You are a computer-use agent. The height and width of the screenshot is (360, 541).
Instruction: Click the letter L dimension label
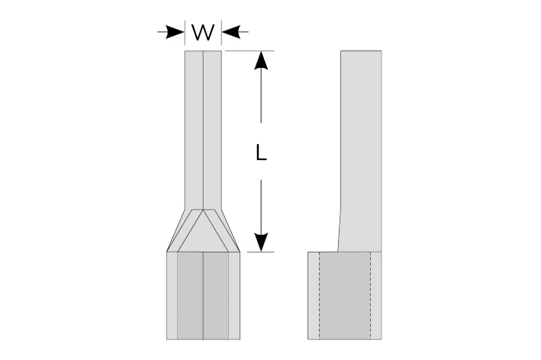pyautogui.click(x=261, y=153)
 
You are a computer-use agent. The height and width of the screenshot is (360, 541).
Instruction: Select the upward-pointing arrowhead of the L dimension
pyautogui.click(x=261, y=61)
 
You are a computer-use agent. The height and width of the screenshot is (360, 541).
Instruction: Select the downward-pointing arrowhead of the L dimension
pyautogui.click(x=261, y=240)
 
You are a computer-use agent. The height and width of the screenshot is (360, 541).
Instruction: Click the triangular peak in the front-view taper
pyautogui.click(x=204, y=215)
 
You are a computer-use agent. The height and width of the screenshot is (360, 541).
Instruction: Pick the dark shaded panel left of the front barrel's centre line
pyautogui.click(x=190, y=295)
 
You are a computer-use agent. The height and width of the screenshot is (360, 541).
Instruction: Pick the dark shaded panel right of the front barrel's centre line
pyautogui.click(x=217, y=295)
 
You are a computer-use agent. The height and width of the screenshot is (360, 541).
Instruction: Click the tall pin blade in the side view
pyautogui.click(x=359, y=145)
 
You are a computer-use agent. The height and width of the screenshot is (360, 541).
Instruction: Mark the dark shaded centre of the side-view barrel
pyautogui.click(x=345, y=295)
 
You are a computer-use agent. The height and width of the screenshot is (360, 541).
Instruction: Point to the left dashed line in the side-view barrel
pyautogui.click(x=320, y=295)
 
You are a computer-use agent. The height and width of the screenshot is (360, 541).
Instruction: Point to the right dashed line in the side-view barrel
pyautogui.click(x=371, y=295)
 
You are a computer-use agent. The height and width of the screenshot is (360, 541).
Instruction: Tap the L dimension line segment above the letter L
pyautogui.click(x=261, y=99)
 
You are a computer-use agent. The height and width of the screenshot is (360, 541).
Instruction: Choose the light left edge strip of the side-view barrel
pyautogui.click(x=314, y=295)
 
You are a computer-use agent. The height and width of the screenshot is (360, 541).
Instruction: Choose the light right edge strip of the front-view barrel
pyautogui.click(x=234, y=295)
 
